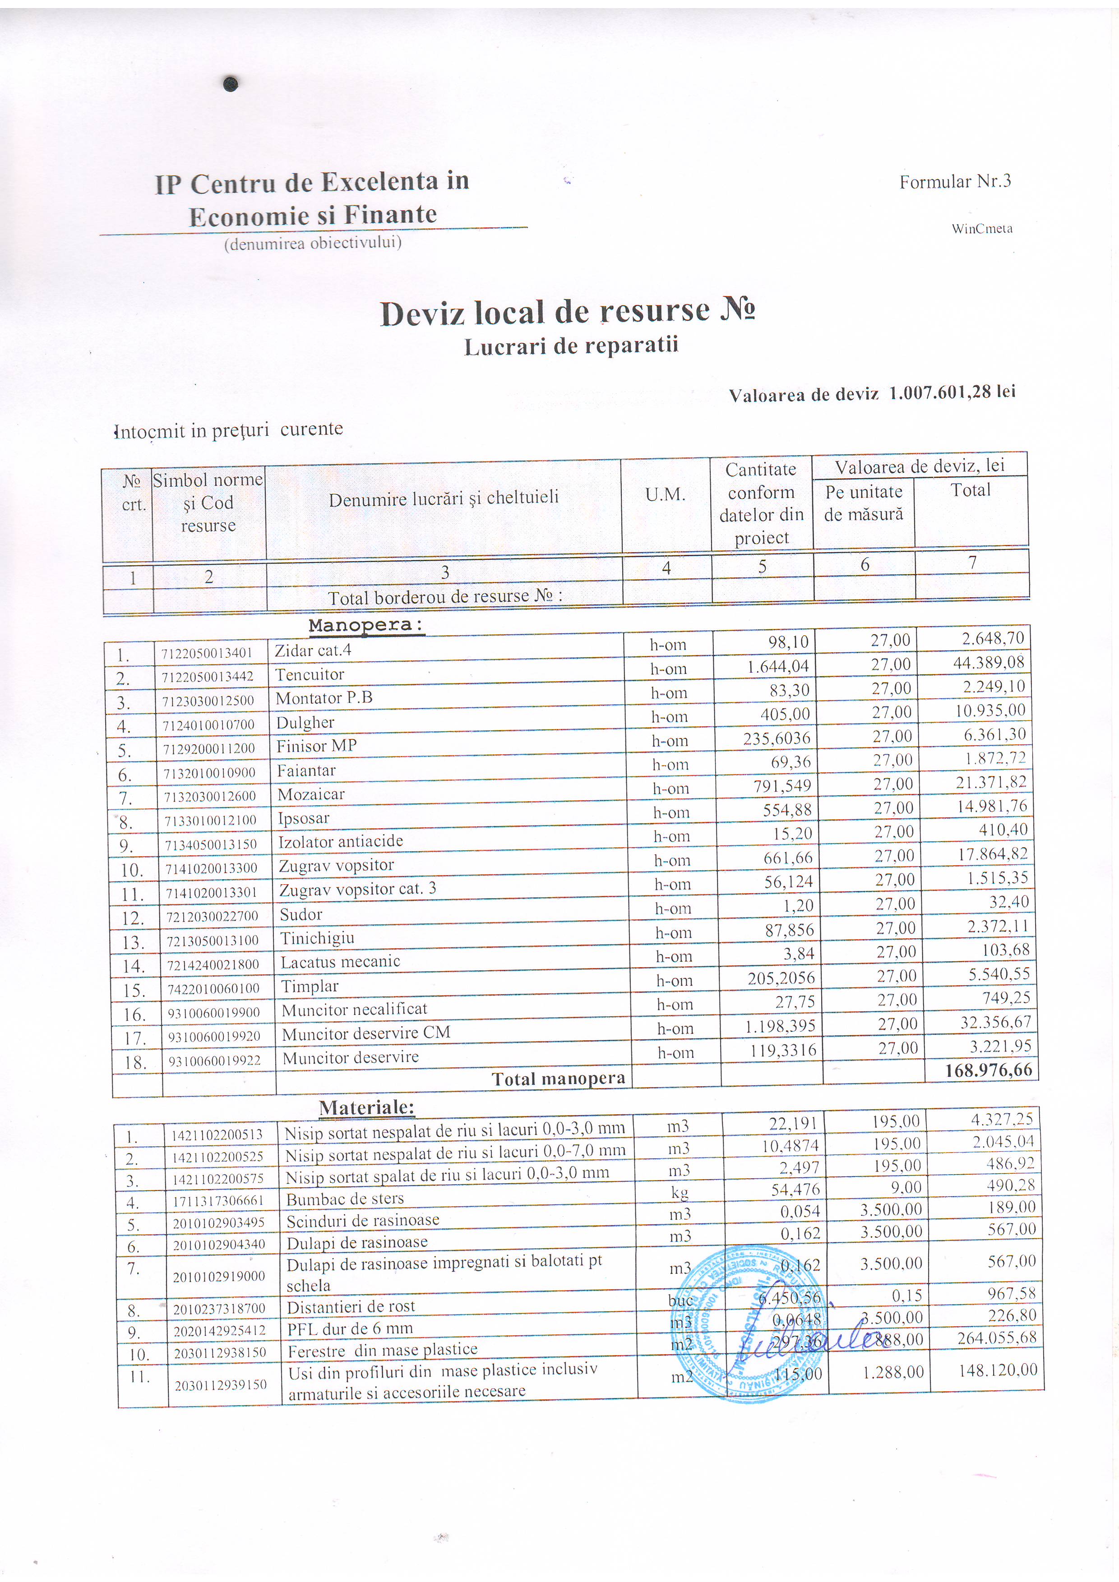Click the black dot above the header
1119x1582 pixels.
(231, 84)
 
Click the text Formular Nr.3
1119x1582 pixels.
(955, 181)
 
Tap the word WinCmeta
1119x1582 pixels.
(982, 229)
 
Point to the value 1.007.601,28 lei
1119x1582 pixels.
(952, 392)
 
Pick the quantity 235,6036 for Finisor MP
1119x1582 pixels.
(777, 738)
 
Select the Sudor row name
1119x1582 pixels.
(301, 914)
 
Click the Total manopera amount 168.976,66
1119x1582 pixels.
(989, 1070)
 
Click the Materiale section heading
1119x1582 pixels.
(366, 1107)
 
